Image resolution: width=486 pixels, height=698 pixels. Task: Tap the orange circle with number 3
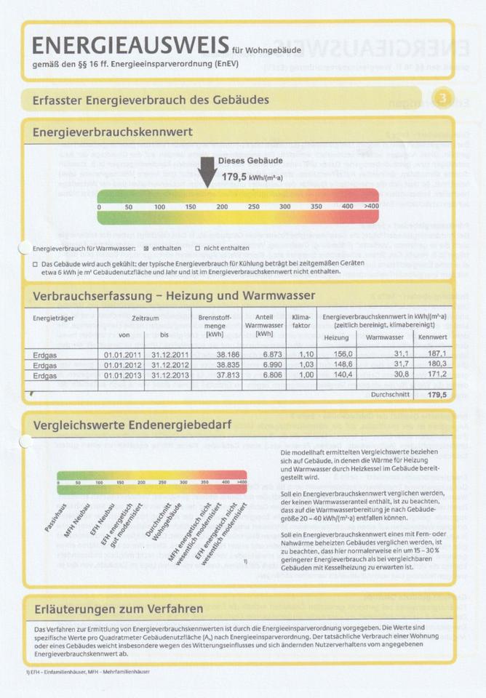(442, 98)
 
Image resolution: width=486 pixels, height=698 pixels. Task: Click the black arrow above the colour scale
(207, 172)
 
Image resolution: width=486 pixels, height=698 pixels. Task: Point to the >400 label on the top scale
(371, 206)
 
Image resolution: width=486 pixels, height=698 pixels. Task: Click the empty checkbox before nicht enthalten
(198, 248)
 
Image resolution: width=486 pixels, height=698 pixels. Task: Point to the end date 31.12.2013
(170, 375)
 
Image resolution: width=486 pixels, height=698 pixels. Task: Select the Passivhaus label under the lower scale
(57, 517)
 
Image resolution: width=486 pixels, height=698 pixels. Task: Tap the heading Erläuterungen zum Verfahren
(118, 608)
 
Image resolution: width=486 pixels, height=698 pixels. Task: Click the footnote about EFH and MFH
(87, 671)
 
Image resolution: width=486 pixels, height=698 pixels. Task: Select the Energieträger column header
(54, 318)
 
